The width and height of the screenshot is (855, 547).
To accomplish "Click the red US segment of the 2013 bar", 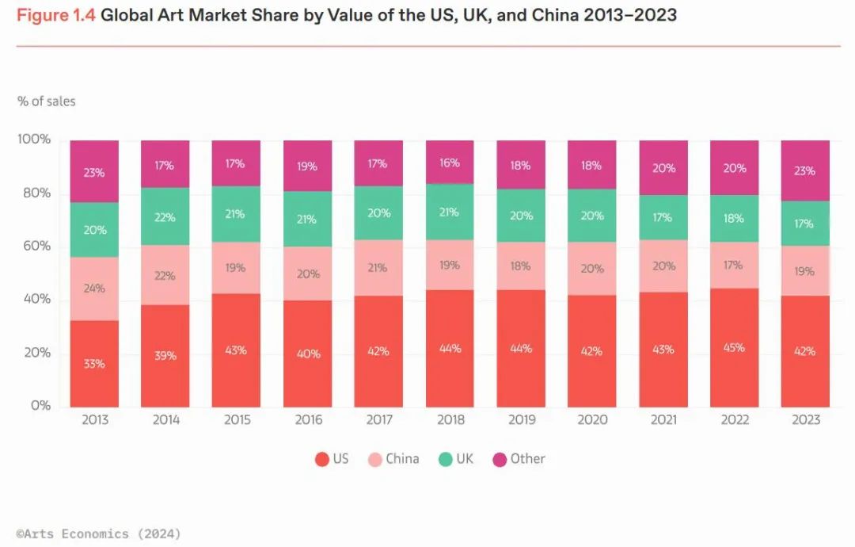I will (94, 364).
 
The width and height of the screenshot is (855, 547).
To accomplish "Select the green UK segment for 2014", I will (165, 216).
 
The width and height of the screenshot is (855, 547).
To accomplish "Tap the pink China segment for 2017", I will (378, 268).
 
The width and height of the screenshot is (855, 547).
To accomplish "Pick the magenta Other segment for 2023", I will (805, 170).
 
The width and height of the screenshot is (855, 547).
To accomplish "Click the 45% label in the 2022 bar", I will (734, 347).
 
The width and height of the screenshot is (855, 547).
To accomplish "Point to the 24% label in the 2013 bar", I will (94, 289).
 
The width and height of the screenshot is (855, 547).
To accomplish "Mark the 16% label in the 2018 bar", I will (450, 163).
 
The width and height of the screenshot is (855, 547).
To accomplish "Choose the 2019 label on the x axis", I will (521, 419).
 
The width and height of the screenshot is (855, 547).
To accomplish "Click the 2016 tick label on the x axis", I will (308, 419).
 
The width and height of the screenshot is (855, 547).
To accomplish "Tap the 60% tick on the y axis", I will (34, 247).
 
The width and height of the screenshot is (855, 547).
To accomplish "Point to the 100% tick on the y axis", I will (32, 140).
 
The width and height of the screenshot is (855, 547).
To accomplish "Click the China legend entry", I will (393, 459).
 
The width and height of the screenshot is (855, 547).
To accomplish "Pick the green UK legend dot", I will (446, 459).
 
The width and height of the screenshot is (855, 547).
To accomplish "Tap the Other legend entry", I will (519, 459).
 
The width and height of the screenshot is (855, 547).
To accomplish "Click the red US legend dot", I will (321, 459).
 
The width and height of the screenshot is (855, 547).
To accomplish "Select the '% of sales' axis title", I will (47, 101).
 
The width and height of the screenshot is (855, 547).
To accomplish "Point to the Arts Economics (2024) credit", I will (98, 534).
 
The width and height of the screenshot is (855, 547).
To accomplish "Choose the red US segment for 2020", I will (592, 351).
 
